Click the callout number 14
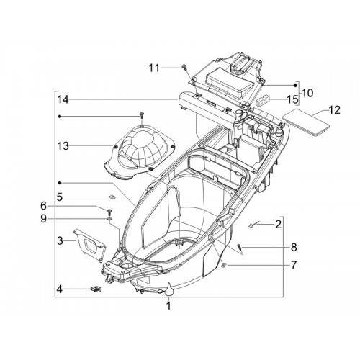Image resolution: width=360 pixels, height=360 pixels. tap(63, 99)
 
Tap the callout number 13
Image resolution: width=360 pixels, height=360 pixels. tap(63, 146)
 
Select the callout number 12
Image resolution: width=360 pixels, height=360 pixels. tap(335, 110)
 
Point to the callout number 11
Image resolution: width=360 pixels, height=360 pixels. tap(154, 68)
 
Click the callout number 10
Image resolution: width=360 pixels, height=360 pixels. tap(307, 93)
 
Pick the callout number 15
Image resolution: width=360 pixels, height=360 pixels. tap(292, 99)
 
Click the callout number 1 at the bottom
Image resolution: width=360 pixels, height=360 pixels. tap(168, 306)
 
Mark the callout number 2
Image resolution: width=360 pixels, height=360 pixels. tap(278, 225)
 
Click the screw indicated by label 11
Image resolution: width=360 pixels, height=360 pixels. tap(184, 67)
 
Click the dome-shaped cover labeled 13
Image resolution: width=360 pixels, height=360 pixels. tap(140, 153)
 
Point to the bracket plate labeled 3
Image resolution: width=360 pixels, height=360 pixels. tap(89, 244)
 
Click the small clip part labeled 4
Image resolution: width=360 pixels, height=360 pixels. tap(96, 289)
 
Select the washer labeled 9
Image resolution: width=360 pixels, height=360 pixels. tap(109, 219)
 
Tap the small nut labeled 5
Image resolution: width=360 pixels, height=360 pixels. tap(112, 197)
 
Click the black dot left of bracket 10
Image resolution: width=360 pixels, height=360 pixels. tap(296, 85)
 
